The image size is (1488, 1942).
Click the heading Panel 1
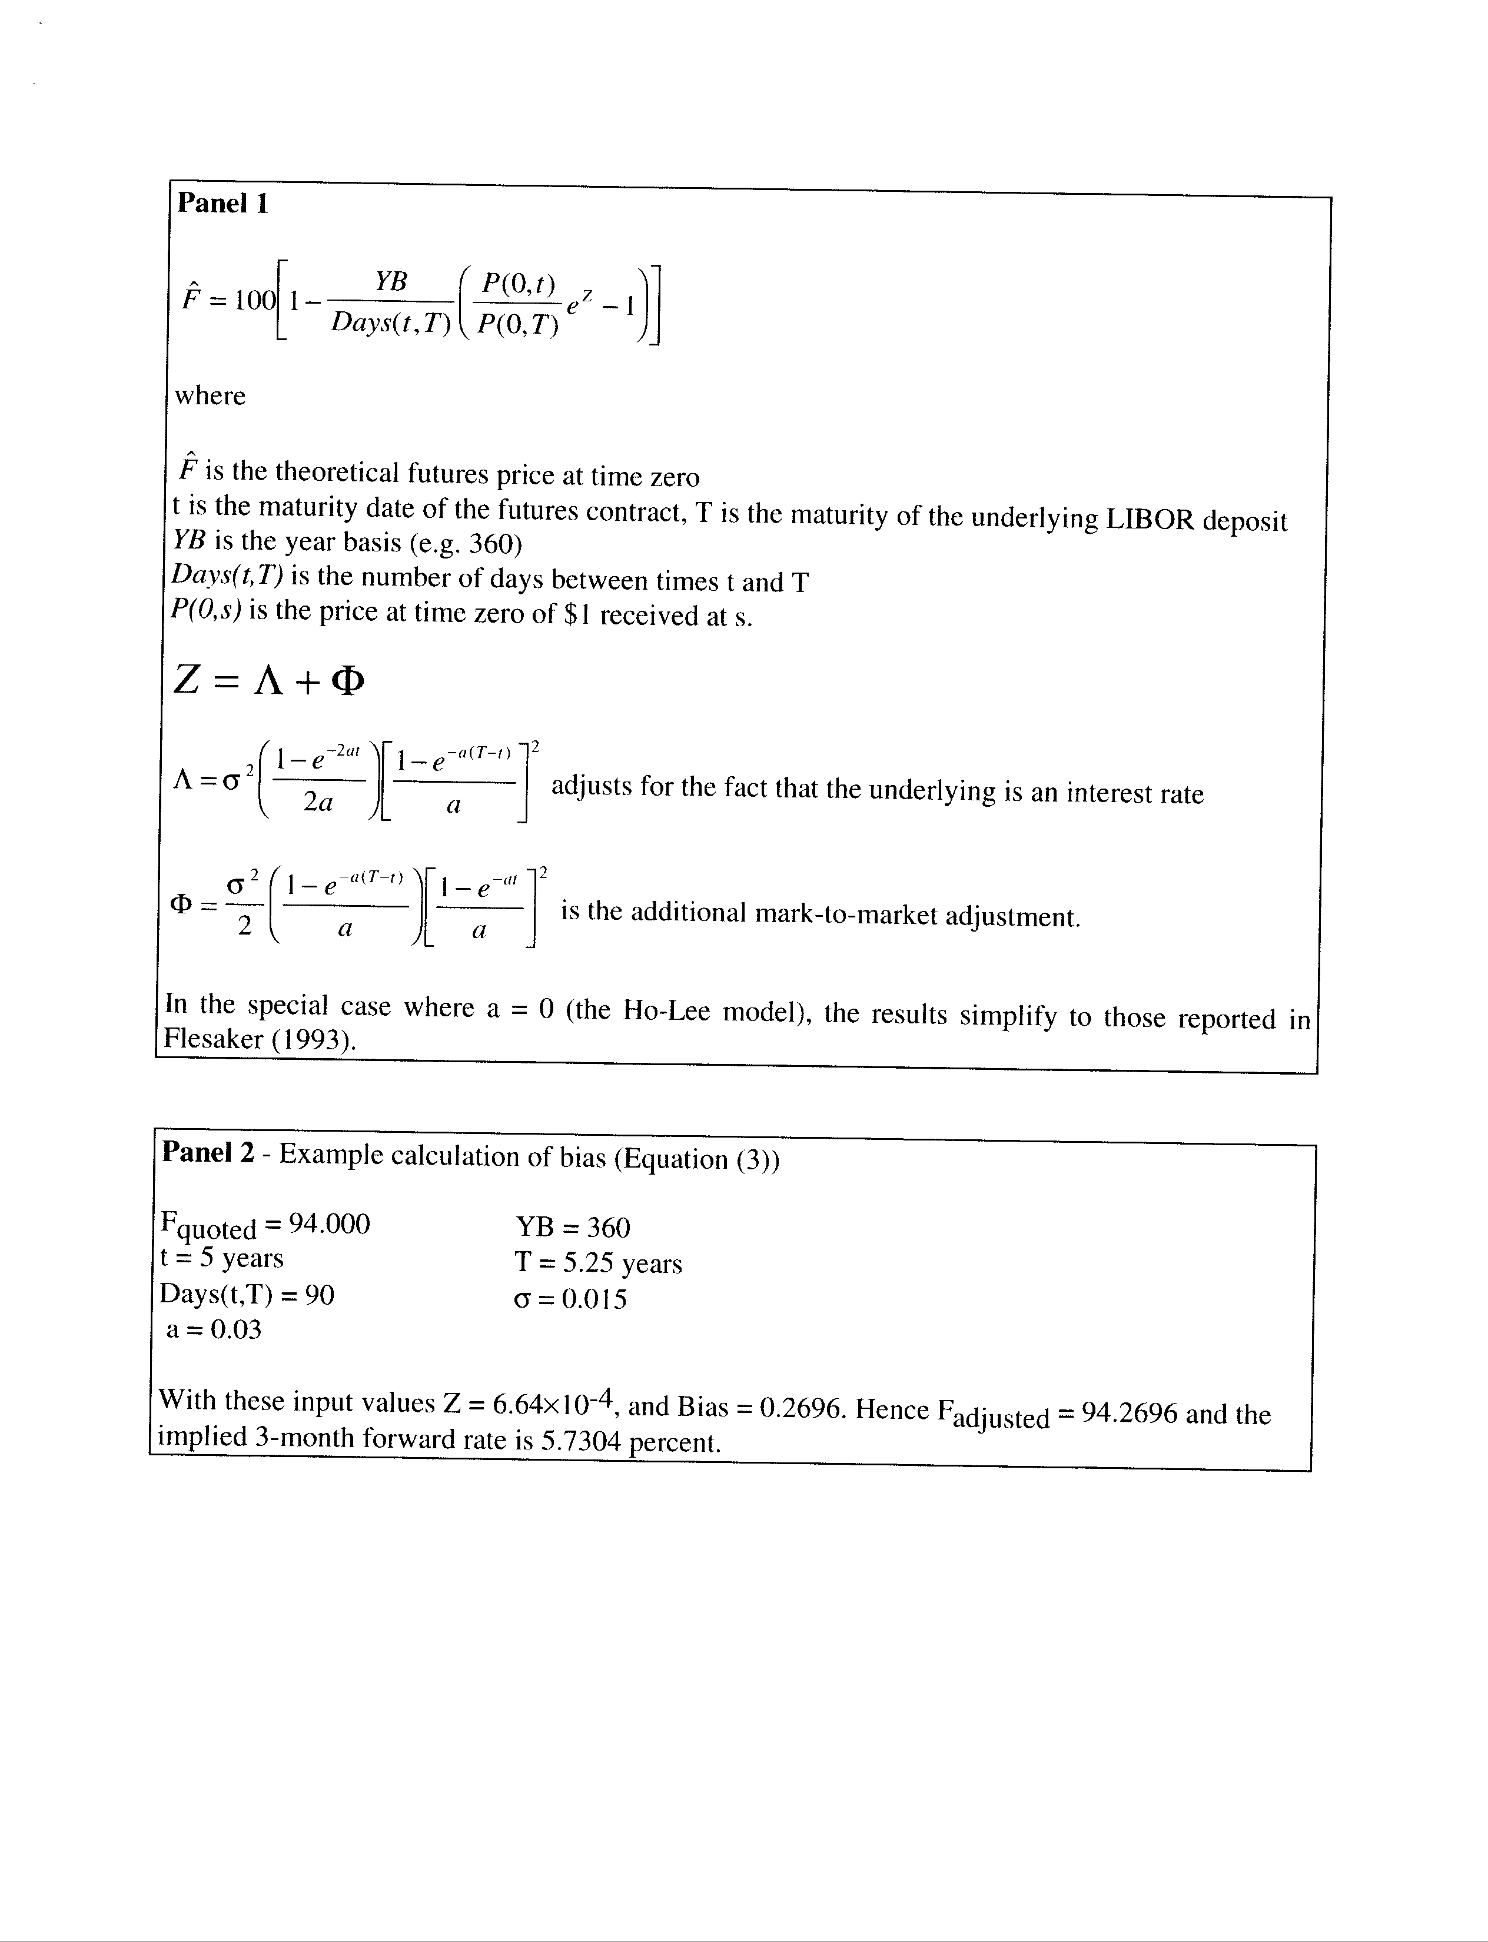(222, 204)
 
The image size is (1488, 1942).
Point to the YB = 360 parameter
(573, 1228)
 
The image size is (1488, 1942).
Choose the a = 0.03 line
(214, 1329)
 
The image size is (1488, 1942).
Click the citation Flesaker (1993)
(260, 1039)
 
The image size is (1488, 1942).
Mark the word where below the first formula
(211, 396)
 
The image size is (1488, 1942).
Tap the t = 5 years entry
(221, 1258)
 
